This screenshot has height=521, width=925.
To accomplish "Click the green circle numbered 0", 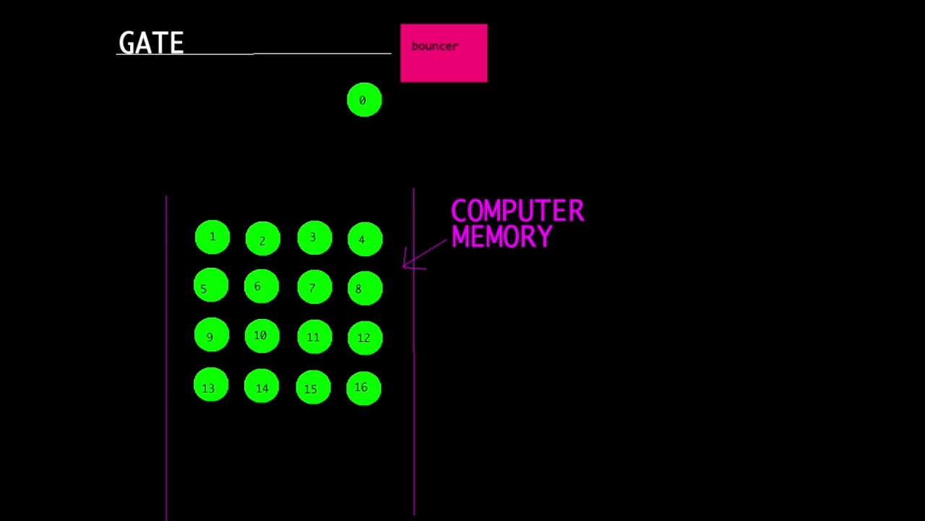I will pyautogui.click(x=364, y=100).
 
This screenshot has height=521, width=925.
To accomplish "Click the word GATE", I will pyautogui.click(x=151, y=43).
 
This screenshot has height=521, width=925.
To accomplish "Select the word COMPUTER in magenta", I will pyautogui.click(x=517, y=211).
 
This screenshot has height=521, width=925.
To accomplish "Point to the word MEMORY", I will pyautogui.click(x=502, y=237).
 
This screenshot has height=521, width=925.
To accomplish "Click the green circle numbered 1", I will pyautogui.click(x=212, y=238).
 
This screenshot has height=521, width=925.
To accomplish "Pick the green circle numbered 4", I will pyautogui.click(x=365, y=240).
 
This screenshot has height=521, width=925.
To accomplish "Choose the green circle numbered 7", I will pyautogui.click(x=314, y=288).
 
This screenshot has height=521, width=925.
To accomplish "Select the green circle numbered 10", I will pyautogui.click(x=262, y=336).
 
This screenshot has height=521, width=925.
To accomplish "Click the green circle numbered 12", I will pyautogui.click(x=365, y=337).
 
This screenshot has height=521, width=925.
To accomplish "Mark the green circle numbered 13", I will pyautogui.click(x=211, y=386).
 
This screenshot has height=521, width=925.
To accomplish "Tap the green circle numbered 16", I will pyautogui.click(x=363, y=388).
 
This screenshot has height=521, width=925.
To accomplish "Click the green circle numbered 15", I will pyautogui.click(x=313, y=388).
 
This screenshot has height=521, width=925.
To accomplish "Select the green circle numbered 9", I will pyautogui.click(x=212, y=336).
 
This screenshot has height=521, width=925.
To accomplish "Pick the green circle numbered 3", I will pyautogui.click(x=314, y=238).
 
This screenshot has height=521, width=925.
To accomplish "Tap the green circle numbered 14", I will pyautogui.click(x=262, y=387).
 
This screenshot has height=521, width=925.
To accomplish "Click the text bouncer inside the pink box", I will pyautogui.click(x=434, y=46).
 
